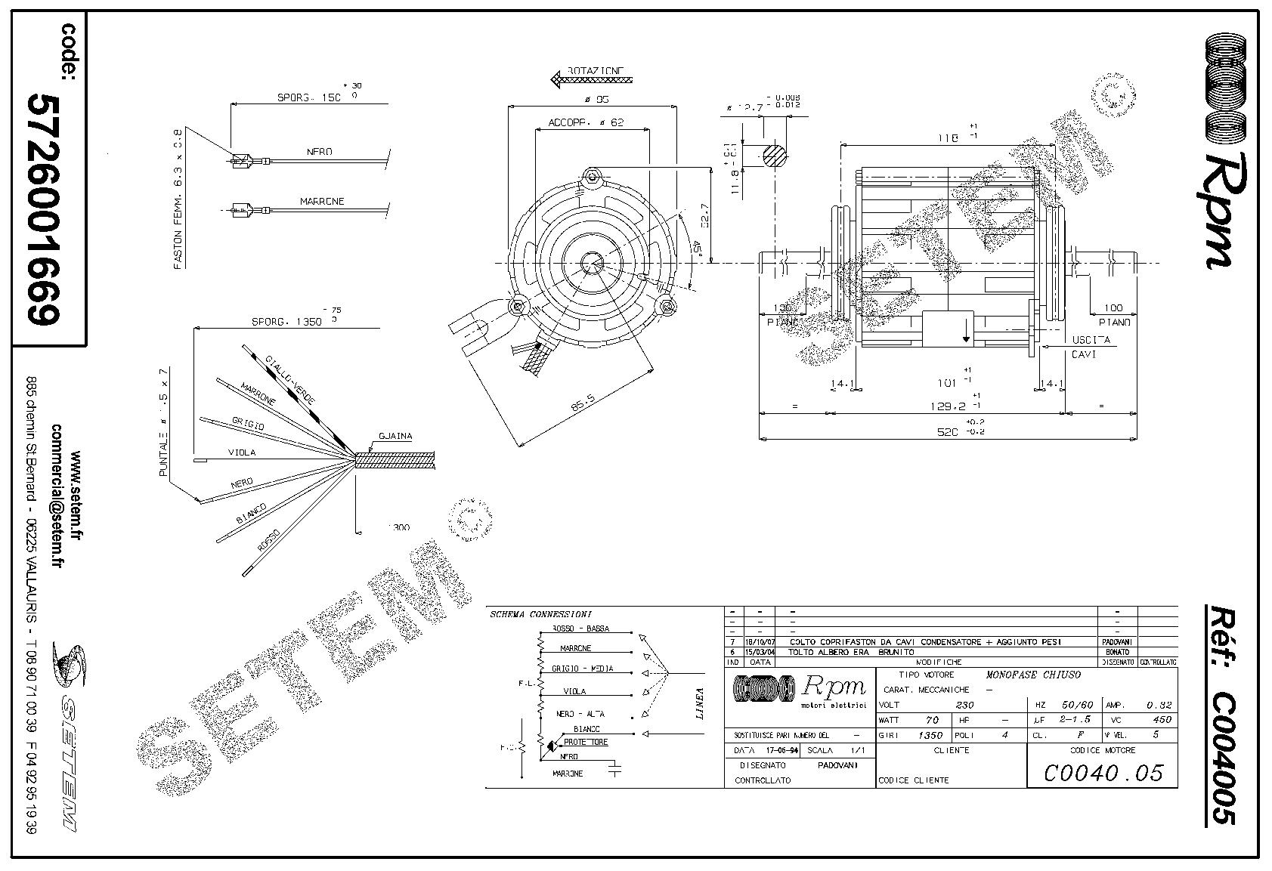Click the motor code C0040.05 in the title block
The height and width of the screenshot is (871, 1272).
pos(1103,773)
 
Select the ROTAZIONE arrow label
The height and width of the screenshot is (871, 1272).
pos(592,76)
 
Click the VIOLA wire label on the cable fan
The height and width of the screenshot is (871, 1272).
pos(242,452)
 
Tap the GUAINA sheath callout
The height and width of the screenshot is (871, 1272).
pos(395,437)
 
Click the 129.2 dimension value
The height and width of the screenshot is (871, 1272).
pos(946,406)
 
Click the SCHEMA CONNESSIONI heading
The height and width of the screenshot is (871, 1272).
pos(541,613)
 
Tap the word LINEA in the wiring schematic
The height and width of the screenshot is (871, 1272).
pos(700,703)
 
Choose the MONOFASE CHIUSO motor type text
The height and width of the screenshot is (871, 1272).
pos(1033,675)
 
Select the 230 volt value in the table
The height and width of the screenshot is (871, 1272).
pos(965,705)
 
